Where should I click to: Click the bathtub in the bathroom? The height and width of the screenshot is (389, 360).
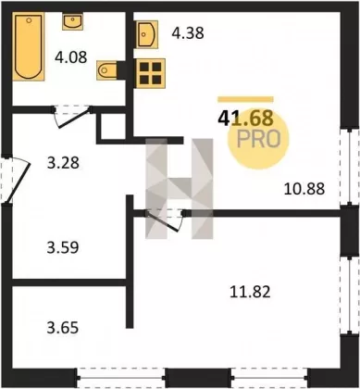(28, 46)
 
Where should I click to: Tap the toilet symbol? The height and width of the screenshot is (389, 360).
(106, 70)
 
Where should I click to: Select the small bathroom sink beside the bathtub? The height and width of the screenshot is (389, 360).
(72, 21)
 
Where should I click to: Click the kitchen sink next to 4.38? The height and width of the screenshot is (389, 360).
(147, 34)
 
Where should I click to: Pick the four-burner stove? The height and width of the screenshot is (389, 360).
(151, 73)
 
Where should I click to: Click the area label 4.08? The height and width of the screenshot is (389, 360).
(71, 57)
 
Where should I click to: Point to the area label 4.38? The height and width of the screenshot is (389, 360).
(188, 33)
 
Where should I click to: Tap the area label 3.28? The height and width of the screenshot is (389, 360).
(63, 163)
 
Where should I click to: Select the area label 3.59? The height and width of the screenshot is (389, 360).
(63, 247)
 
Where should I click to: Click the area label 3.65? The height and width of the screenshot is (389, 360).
(63, 327)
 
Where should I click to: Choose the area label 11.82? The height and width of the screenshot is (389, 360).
(250, 292)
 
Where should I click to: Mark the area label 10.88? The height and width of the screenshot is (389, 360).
(304, 189)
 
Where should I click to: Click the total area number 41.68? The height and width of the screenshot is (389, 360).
(245, 119)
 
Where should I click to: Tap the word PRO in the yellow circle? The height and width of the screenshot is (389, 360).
(259, 139)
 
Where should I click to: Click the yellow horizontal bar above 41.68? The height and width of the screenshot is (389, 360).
(245, 99)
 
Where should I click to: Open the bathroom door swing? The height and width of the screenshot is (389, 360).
(73, 117)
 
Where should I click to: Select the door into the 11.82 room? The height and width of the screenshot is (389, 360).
(165, 220)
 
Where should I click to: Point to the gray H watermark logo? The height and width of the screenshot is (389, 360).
(180, 189)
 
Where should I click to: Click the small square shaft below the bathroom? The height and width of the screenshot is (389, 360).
(114, 128)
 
